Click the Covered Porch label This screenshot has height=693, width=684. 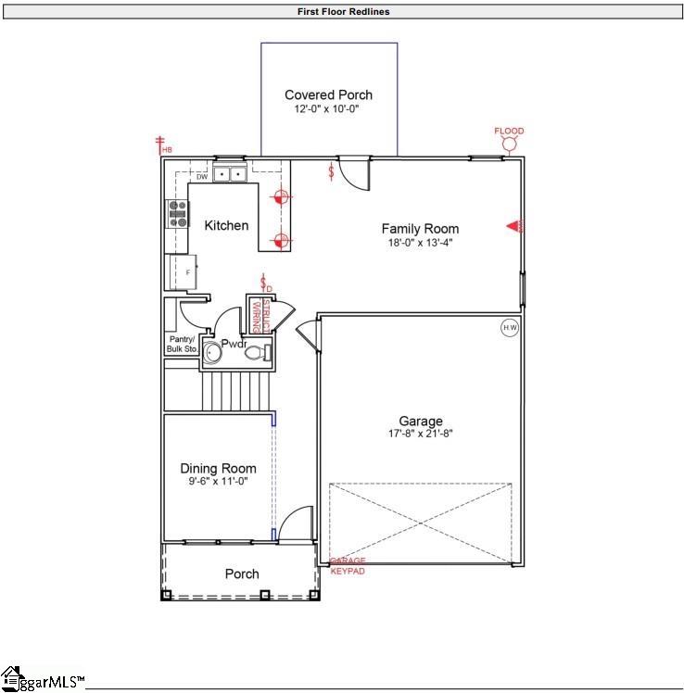[328, 94]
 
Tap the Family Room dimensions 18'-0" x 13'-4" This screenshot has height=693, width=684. [420, 242]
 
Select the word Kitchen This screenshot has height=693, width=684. [226, 225]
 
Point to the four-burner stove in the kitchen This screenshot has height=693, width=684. [177, 214]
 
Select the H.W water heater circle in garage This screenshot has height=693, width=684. [509, 327]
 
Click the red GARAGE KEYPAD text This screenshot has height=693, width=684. [348, 566]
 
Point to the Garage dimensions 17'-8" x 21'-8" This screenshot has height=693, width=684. [420, 433]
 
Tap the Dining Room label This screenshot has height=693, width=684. [218, 468]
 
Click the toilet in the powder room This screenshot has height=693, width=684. [265, 352]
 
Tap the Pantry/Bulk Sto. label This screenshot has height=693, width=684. [182, 344]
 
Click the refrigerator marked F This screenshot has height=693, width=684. [178, 271]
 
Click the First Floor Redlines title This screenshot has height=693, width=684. [343, 12]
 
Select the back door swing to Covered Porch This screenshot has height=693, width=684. [354, 171]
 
